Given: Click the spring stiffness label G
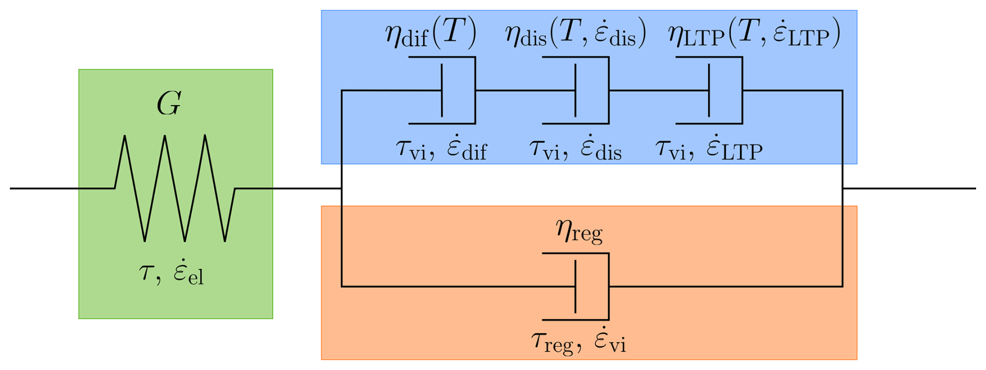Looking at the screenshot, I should [x=169, y=104].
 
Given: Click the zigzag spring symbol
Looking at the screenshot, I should [x=175, y=188].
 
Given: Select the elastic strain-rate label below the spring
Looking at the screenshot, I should [x=171, y=273].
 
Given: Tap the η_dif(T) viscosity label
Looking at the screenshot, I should [x=430, y=34].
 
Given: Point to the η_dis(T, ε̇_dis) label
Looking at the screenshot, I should [x=575, y=34].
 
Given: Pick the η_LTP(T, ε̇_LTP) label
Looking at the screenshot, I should [x=754, y=34].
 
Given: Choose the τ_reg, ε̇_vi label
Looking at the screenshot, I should [x=578, y=342].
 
